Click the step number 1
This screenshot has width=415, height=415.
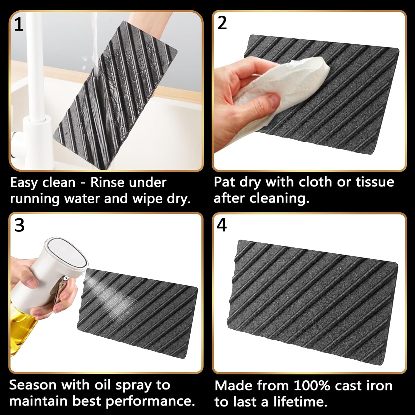pyautogui.click(x=19, y=25)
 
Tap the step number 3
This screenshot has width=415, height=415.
pyautogui.click(x=19, y=225)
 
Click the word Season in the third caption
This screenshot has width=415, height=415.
pyautogui.click(x=33, y=385)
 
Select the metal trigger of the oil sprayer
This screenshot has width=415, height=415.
pyautogui.click(x=61, y=290)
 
